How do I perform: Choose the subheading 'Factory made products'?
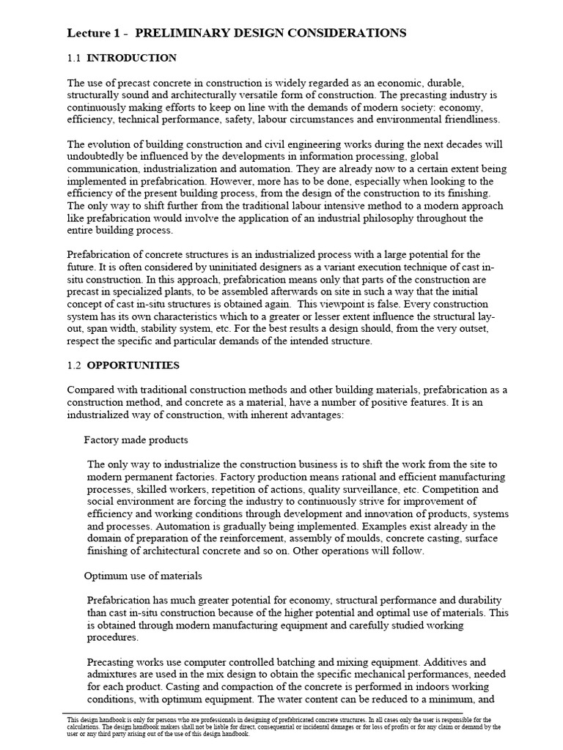136,439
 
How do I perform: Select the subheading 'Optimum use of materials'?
143,576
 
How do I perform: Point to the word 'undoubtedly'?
95,157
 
